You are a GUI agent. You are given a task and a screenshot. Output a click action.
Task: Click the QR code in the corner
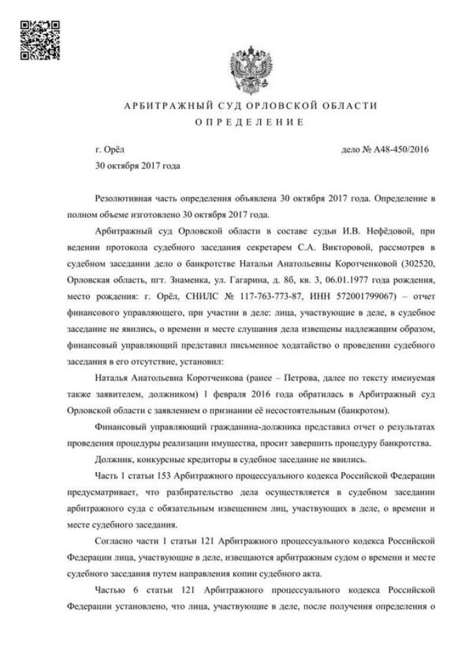tap(38, 40)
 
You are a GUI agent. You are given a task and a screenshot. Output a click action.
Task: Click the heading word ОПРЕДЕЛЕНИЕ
tap(250, 123)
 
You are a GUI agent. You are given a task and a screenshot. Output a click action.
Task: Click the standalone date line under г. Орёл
tap(137, 167)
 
